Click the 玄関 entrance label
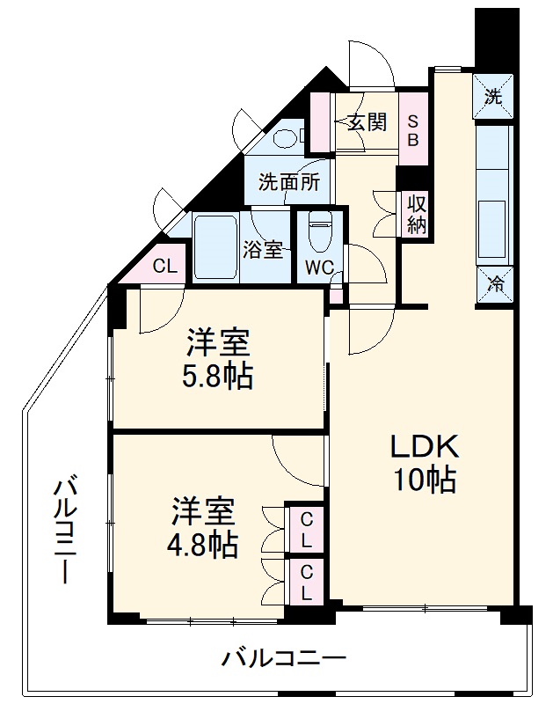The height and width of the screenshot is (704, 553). point(366,122)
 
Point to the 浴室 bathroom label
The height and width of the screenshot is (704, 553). point(263,249)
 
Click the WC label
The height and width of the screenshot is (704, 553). point(318,266)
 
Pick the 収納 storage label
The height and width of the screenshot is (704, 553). point(415,214)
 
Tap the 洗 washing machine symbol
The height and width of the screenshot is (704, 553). point(494,97)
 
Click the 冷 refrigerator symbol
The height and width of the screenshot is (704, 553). point(495,284)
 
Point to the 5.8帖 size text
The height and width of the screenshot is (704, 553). point(217,377)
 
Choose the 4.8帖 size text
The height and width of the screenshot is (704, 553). point(203,545)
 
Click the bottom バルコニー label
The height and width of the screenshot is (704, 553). point(283,657)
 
